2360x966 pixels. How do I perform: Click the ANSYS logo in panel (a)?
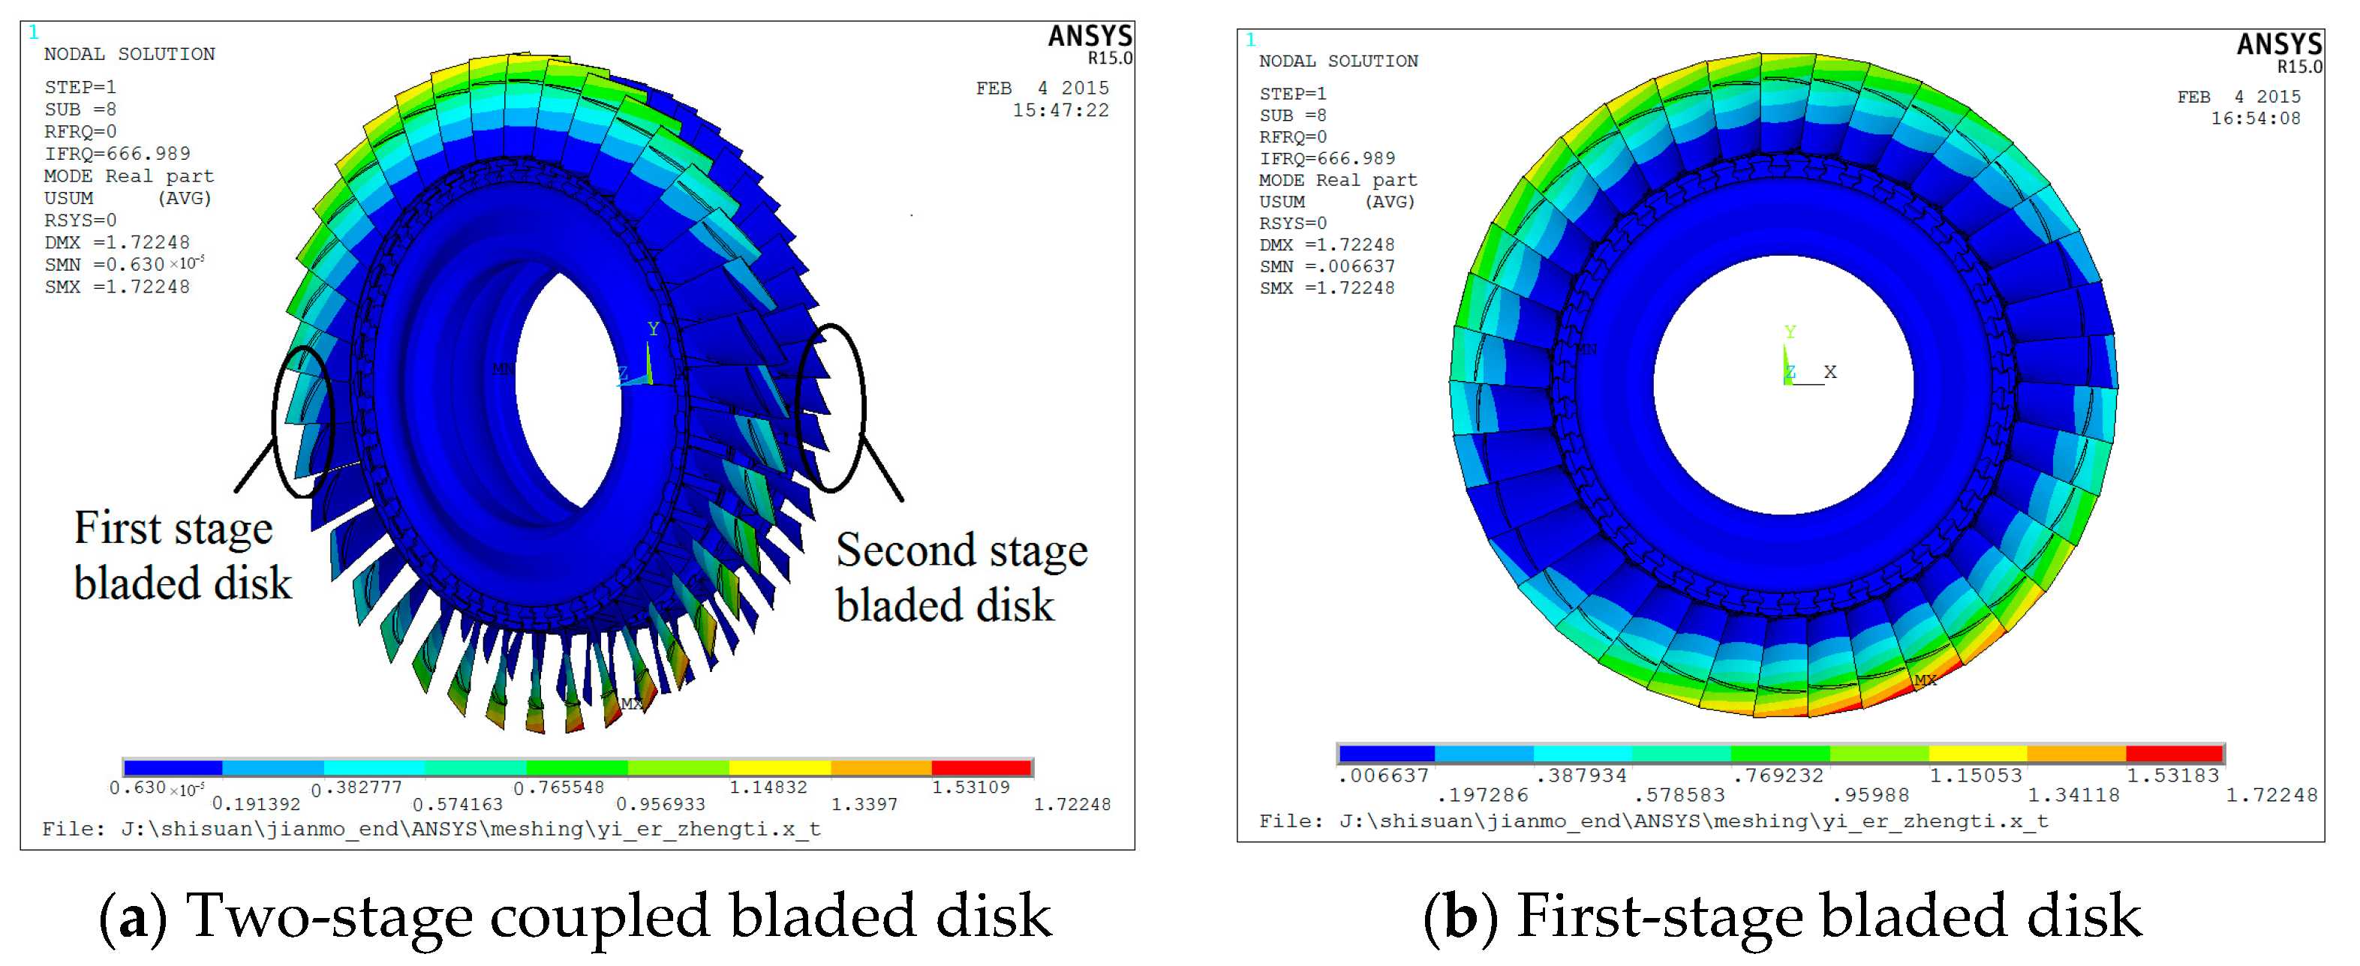pos(1090,37)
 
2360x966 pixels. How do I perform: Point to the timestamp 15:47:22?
pos(1060,111)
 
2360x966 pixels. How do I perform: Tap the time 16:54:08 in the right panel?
pos(2255,118)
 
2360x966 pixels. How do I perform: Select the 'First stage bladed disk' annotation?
pos(182,556)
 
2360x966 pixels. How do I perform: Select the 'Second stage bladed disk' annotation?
pos(961,577)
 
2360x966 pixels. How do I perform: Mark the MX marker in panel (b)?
pos(1925,680)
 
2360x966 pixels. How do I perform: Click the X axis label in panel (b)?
pos(1829,372)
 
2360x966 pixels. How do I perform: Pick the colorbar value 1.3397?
pos(864,805)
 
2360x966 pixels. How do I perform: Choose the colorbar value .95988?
pos(1870,796)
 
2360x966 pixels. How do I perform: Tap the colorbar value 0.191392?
pos(256,805)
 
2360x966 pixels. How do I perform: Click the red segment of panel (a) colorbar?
pos(982,767)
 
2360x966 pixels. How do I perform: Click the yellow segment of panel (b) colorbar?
pos(1977,754)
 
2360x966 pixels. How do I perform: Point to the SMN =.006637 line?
pos(1326,266)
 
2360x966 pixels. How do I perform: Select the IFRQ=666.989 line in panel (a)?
pos(117,154)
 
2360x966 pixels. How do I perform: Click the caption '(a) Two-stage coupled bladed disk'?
pos(576,916)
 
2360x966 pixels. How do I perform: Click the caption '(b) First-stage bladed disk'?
pos(1782,916)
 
